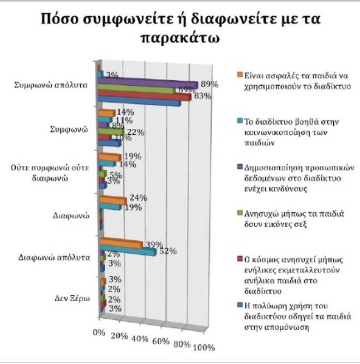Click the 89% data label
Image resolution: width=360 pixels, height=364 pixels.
coord(209,85)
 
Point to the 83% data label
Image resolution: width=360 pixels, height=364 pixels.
coord(202,97)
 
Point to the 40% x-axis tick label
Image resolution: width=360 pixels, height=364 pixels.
coord(140,339)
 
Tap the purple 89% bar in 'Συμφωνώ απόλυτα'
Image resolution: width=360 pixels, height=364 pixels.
coord(147,83)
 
